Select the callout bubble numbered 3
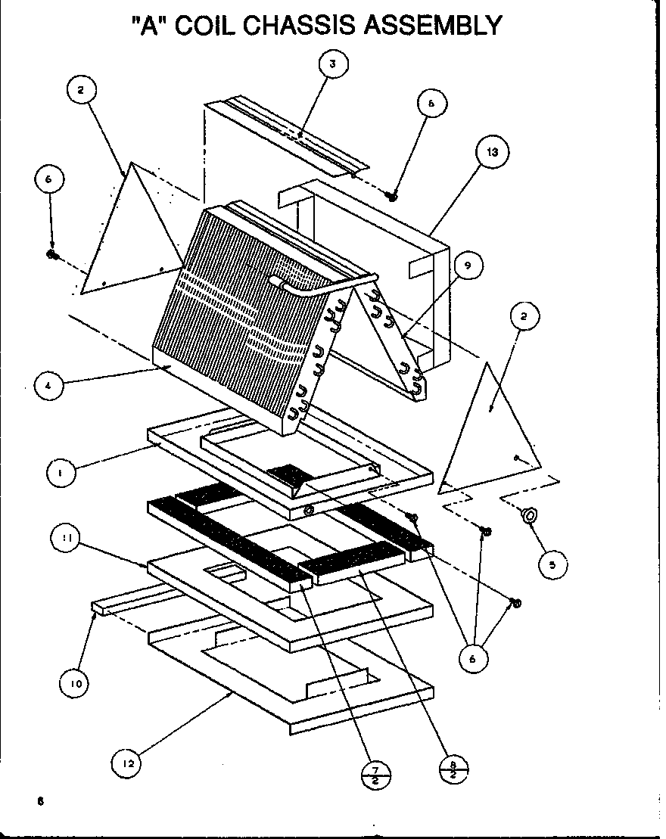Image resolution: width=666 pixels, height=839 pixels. [331, 64]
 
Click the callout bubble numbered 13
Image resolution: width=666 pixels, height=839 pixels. [492, 152]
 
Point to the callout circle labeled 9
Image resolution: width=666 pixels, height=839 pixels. [468, 265]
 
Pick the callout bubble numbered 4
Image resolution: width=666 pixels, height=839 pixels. [49, 386]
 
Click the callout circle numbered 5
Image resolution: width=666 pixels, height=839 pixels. [552, 564]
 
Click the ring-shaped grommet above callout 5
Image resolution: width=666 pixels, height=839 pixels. [529, 516]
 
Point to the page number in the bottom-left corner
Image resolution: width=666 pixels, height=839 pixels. [38, 802]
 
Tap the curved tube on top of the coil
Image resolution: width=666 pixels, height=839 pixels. [318, 284]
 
